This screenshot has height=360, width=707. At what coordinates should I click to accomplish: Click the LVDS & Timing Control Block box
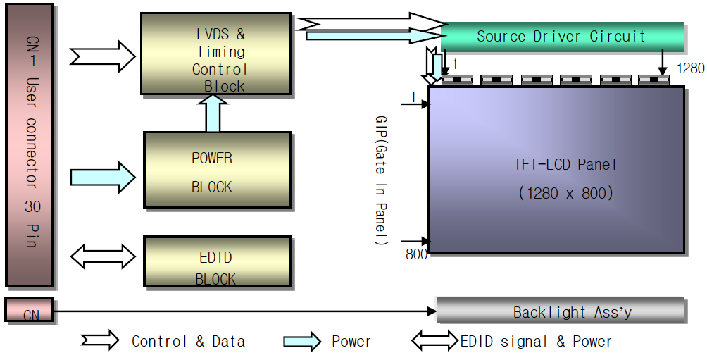(216, 54)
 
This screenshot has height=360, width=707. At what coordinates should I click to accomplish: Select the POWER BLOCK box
(217, 170)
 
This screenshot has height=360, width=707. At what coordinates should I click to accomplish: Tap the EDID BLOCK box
(217, 261)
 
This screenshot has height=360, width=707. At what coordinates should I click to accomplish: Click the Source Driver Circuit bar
(561, 36)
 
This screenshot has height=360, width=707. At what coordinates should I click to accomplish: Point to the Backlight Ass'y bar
(561, 311)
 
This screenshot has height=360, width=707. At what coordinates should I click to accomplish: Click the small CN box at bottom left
(29, 311)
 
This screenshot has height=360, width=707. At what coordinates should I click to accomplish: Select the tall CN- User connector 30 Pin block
(30, 144)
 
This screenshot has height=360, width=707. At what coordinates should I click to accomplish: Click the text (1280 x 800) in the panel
(565, 192)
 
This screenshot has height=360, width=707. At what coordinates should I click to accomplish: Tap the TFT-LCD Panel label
(565, 165)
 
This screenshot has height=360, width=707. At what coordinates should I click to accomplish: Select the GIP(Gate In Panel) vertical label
(382, 180)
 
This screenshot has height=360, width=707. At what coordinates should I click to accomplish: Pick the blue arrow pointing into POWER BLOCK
(103, 176)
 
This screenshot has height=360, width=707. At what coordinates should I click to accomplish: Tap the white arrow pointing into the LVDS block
(103, 53)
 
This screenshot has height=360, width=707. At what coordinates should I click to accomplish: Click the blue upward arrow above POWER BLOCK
(213, 113)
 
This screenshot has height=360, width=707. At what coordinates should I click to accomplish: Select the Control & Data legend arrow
(99, 342)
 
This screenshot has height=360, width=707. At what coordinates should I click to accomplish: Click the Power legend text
(351, 342)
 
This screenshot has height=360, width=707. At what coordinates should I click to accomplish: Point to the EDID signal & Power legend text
(536, 342)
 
